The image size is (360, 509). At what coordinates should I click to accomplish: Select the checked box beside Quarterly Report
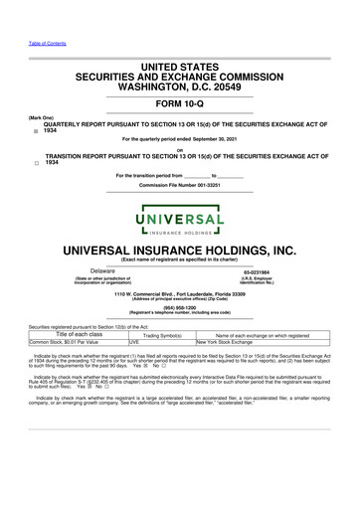pos(35,130)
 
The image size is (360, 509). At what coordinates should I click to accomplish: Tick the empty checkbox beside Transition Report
pos(35,162)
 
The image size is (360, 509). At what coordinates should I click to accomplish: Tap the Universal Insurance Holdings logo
pos(179,210)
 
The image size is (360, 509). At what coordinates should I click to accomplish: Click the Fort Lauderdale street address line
pos(179,295)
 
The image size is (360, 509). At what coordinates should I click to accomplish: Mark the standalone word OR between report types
pos(179,150)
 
